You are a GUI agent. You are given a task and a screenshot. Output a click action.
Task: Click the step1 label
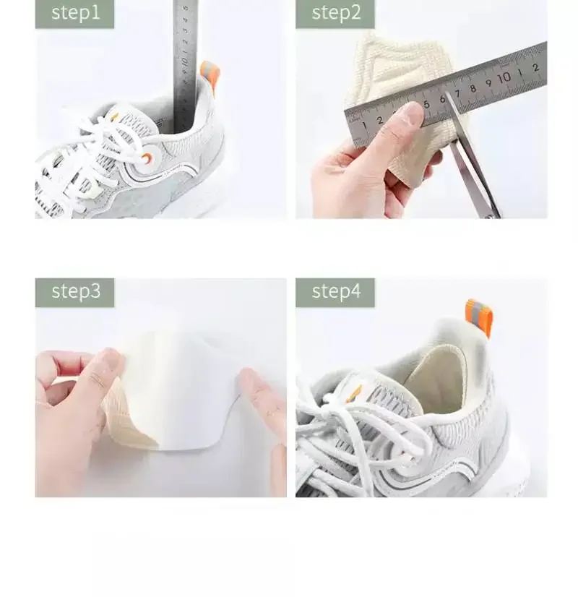point(74,14)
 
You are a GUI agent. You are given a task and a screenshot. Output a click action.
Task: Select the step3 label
point(74,291)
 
